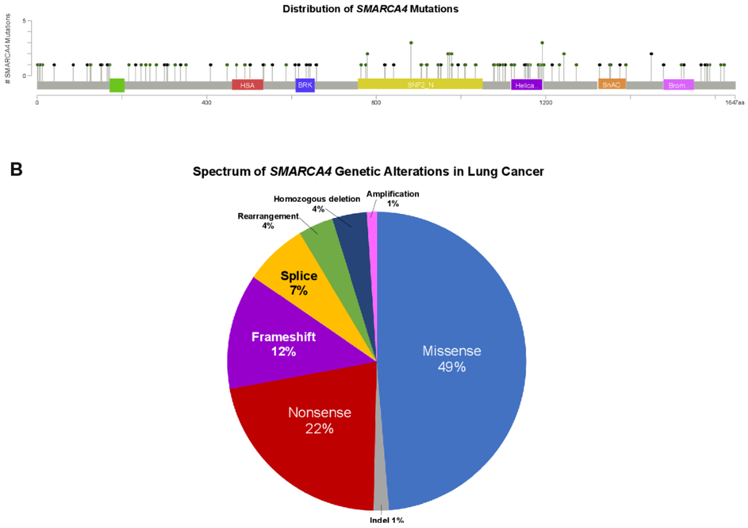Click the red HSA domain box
(x=247, y=85)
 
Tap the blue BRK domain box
(x=305, y=85)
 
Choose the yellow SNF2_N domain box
(x=420, y=84)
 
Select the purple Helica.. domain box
(x=526, y=85)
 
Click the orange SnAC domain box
(x=611, y=84)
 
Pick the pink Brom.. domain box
(x=678, y=85)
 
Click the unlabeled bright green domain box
(x=117, y=85)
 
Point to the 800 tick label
(x=376, y=103)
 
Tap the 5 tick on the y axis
(x=24, y=21)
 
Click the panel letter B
(x=16, y=169)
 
